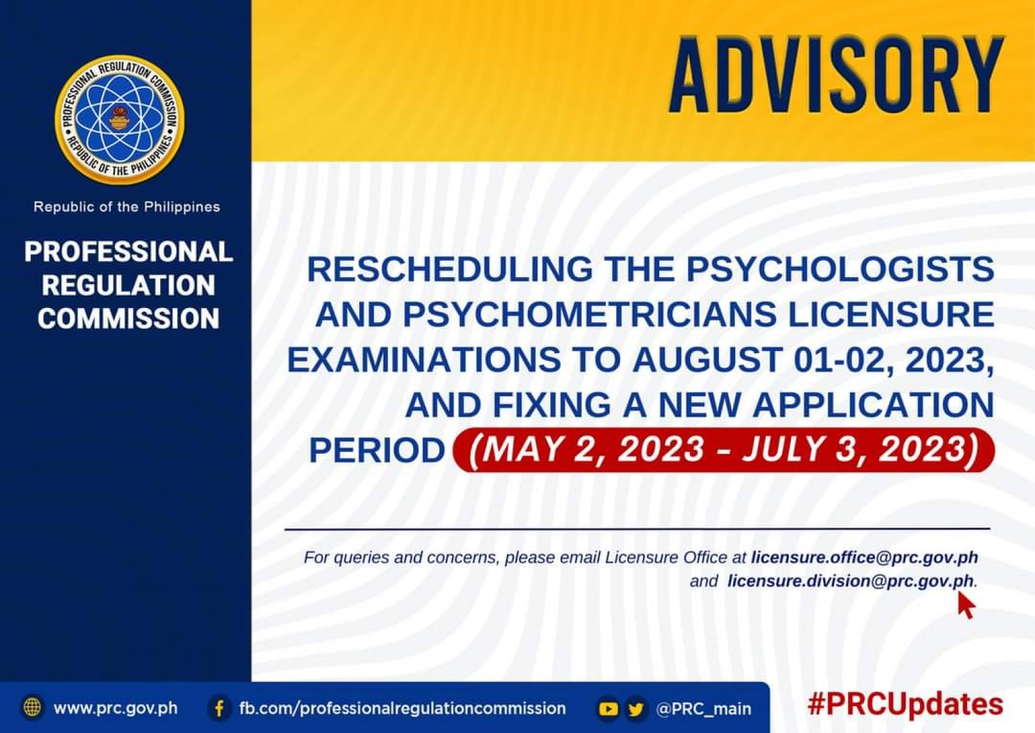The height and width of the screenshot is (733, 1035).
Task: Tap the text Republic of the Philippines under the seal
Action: [x=127, y=207]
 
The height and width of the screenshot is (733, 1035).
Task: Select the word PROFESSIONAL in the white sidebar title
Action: [x=129, y=252]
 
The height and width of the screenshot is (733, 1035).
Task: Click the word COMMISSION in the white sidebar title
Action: [x=129, y=318]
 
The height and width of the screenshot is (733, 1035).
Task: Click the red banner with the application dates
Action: [x=723, y=450]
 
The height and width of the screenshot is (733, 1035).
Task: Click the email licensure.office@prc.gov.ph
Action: [x=864, y=558]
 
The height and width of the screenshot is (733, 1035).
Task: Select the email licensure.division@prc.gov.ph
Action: [x=851, y=581]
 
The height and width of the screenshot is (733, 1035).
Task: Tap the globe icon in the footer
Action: [x=32, y=707]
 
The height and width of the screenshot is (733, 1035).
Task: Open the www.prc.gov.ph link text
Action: [x=116, y=708]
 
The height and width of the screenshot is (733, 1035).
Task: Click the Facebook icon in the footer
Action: [x=220, y=708]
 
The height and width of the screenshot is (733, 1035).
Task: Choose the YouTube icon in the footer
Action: [x=608, y=709]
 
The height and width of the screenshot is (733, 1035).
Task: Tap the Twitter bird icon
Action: [x=636, y=709]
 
